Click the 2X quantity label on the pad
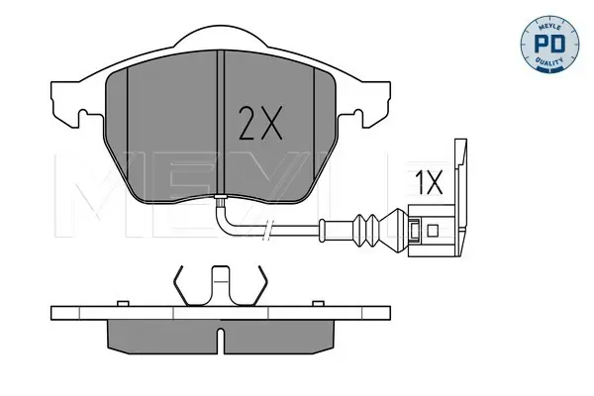coord(260,123)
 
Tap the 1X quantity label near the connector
coord(429,182)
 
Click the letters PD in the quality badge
coord(549,44)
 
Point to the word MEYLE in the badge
coord(549,26)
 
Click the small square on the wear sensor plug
coord(433,231)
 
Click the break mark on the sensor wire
coord(267,230)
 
